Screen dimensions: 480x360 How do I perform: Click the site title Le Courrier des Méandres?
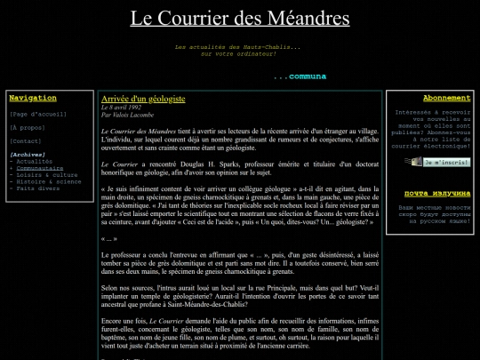[x=239, y=18]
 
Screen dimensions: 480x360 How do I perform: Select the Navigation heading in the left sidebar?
[x=32, y=98]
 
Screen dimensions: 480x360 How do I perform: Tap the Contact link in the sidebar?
[x=26, y=141]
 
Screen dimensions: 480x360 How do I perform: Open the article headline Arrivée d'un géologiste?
[x=143, y=98]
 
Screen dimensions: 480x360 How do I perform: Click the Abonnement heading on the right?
[x=422, y=98]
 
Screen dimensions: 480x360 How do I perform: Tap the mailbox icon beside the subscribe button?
[x=411, y=163]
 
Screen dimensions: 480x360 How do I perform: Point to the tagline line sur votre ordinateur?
[x=238, y=53]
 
